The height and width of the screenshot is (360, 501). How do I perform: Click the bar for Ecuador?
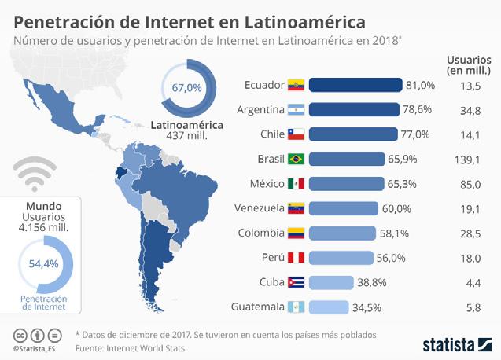pos(355,85)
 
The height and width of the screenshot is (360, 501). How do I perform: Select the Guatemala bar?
pos(329,307)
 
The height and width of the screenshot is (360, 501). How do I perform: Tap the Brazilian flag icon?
pos(296,159)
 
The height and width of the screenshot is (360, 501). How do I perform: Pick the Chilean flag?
pos(296,134)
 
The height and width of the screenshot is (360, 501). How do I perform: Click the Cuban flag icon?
pos(296,282)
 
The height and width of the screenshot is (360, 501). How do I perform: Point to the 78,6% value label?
pos(417,109)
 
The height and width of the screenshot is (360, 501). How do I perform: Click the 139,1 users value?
pos(467,160)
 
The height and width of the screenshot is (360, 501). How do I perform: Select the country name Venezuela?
pos(259,208)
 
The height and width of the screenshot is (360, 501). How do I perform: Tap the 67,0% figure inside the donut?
pos(187,87)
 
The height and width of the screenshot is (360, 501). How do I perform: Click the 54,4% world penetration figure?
pos(44,264)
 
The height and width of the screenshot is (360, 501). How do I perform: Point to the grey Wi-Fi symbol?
pos(35,174)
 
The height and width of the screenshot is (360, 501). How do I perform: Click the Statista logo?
pos(458,345)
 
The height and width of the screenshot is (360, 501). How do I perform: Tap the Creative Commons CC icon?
pos(20,336)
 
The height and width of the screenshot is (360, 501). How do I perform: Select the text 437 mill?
pos(187,136)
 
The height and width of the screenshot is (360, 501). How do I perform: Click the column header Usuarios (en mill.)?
pos(469,65)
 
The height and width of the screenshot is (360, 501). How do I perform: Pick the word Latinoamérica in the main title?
pos(305,22)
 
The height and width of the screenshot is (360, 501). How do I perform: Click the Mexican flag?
pos(296,184)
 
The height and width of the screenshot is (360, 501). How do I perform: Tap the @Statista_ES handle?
pos(35,349)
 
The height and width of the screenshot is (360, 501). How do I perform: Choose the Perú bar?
pos(341,258)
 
